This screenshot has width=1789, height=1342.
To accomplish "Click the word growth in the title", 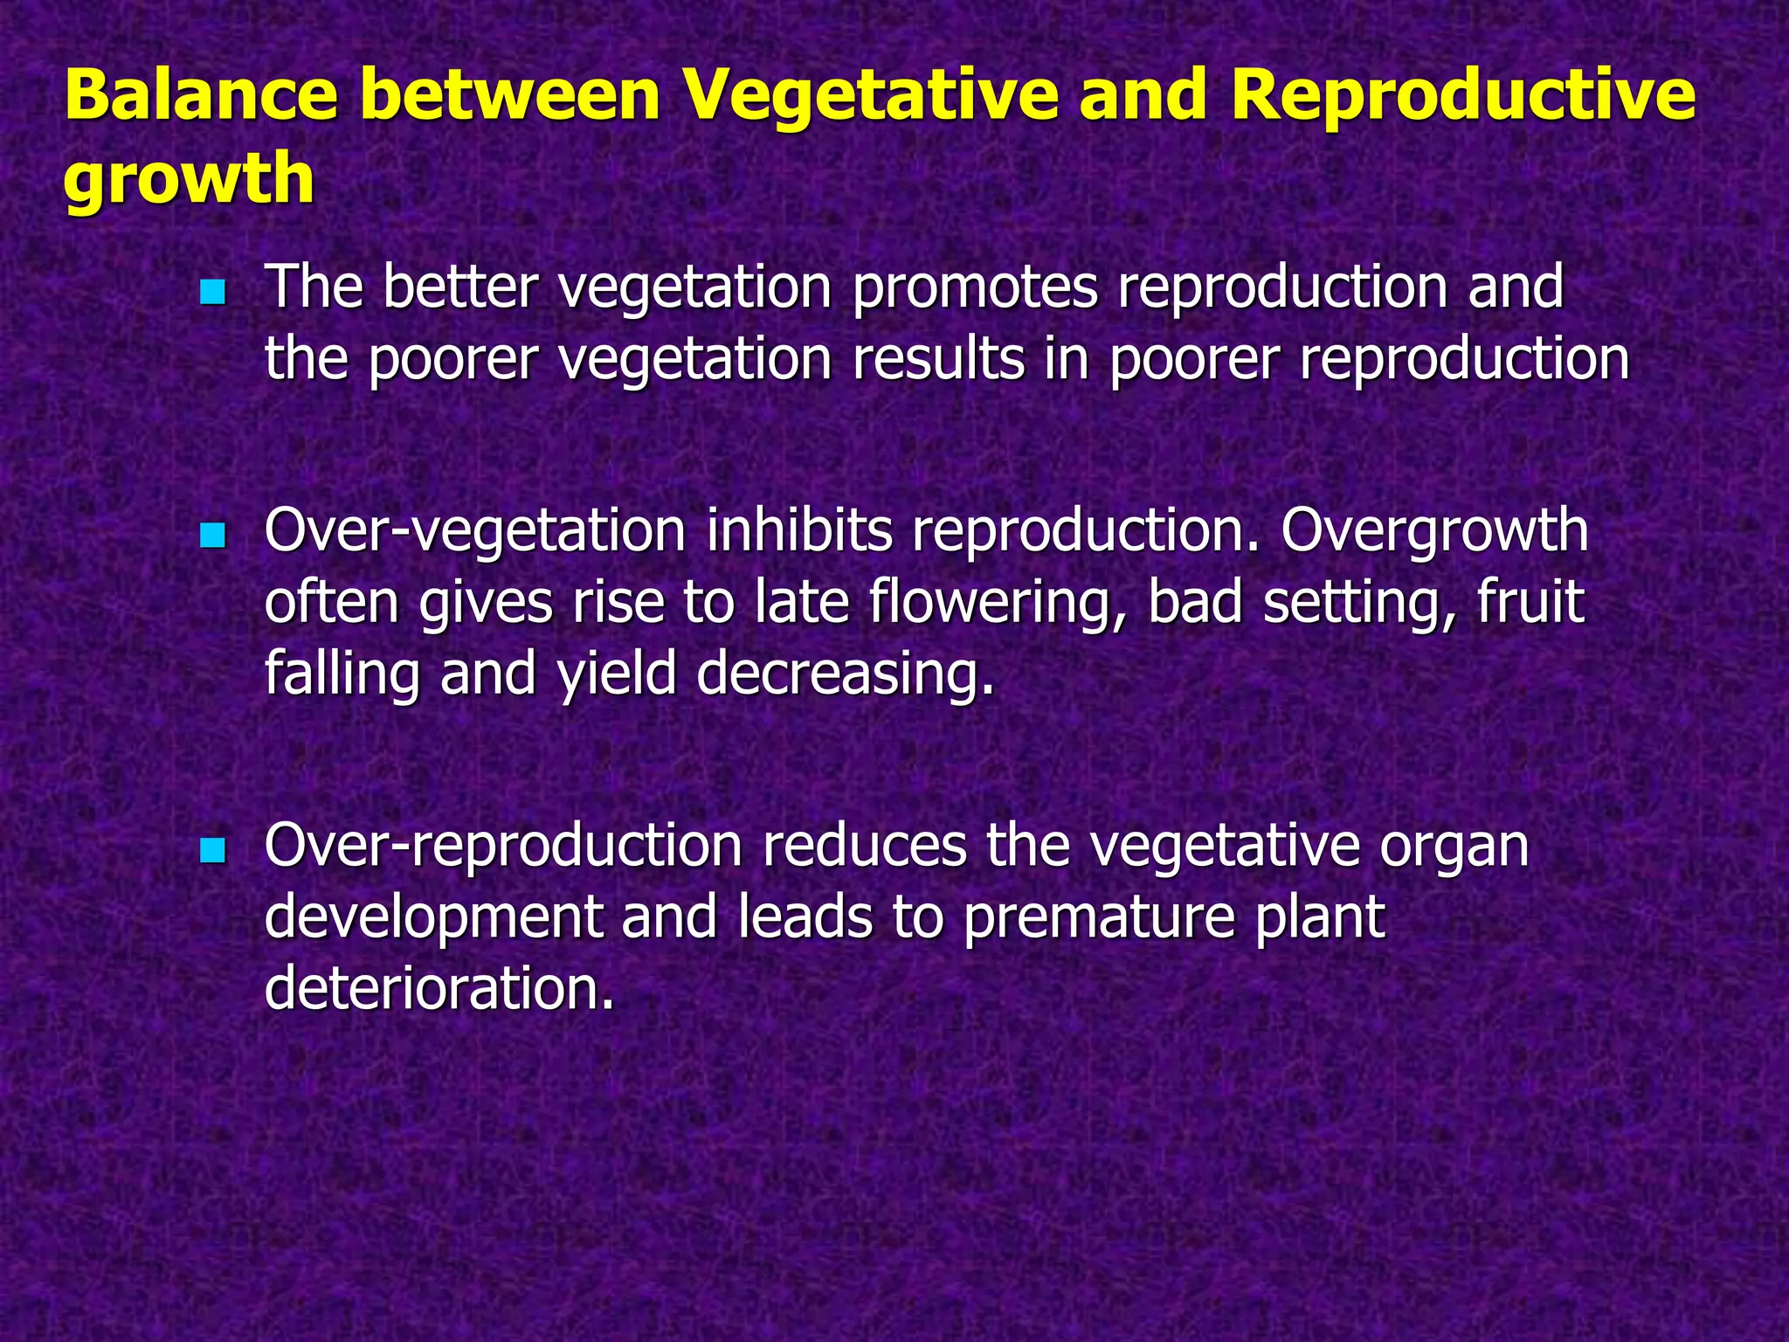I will pos(189,178).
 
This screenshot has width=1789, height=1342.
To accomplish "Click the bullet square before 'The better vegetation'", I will pos(212,292).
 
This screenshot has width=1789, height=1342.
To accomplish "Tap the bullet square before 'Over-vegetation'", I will pos(212,535).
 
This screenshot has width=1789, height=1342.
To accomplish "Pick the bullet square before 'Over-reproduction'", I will pos(212,849).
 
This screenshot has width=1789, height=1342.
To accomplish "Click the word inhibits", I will pos(798,531).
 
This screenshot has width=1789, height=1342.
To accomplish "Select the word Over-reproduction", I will pos(503,846).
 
